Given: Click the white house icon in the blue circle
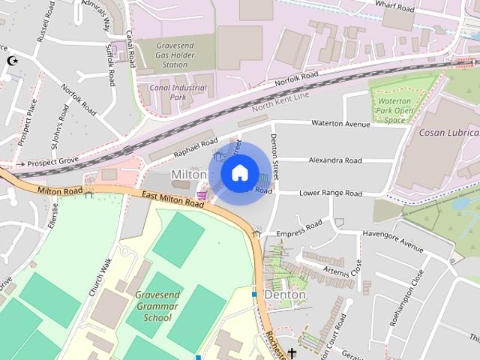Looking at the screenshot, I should point(238,173).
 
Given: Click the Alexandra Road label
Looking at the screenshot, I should point(335,160).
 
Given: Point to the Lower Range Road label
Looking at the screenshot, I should point(331,193).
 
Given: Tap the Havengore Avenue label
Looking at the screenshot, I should point(391,242).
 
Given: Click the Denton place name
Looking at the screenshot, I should point(285,295).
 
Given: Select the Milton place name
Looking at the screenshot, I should point(188,174).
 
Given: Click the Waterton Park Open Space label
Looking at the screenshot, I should point(394,110).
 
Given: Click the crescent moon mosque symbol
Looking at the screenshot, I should point(10,61).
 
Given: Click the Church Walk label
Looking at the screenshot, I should point(100,277).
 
